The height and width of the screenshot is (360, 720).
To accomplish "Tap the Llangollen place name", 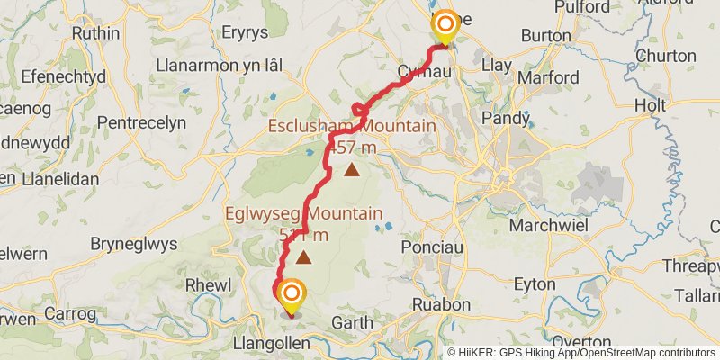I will (x=270, y=344).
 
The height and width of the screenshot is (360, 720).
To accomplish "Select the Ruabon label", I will (x=441, y=304).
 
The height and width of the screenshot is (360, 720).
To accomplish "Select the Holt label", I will (x=650, y=105).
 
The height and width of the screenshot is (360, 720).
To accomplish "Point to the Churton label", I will (x=665, y=56).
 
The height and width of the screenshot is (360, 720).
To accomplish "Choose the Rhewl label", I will (x=202, y=284).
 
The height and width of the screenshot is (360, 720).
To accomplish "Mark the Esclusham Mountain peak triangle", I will (x=352, y=168).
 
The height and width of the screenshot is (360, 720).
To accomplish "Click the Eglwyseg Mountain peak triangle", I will (x=304, y=258).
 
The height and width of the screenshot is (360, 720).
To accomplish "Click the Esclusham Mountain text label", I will (x=351, y=126).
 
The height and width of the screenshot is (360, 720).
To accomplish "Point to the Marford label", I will (x=550, y=77).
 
